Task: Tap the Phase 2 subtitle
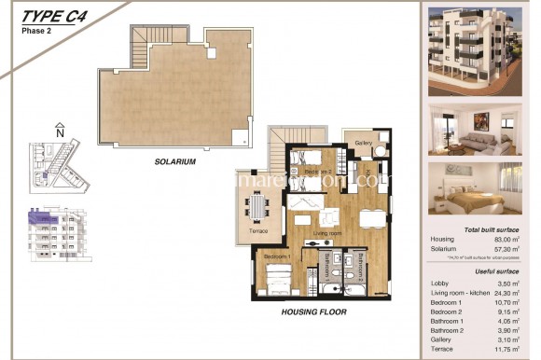tap(36, 30)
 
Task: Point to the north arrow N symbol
tap(60, 130)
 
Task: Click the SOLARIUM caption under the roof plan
tap(175, 161)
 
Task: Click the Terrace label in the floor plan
tap(258, 230)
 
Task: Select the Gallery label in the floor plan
tap(365, 142)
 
